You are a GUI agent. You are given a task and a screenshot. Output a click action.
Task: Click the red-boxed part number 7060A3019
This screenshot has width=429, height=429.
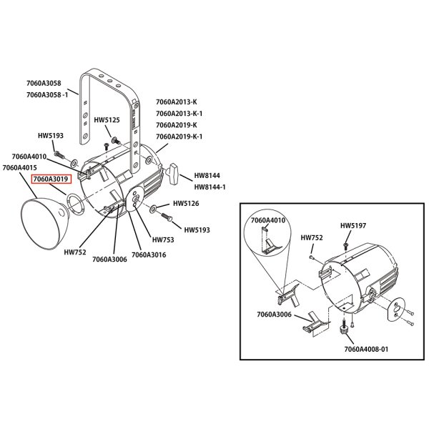(51, 179)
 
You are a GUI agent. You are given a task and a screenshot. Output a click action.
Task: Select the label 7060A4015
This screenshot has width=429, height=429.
(20, 168)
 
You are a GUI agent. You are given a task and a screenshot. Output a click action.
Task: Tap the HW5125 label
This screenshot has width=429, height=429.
(107, 120)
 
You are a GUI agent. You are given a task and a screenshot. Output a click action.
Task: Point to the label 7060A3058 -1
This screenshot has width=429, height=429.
(47, 95)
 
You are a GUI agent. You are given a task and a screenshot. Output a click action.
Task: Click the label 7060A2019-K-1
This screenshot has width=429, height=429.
(179, 137)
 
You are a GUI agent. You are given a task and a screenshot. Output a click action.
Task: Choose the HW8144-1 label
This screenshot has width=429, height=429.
(209, 187)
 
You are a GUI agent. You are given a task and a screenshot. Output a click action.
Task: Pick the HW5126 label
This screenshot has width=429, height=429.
(186, 204)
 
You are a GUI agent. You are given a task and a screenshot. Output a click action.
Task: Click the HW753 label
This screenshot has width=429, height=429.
(163, 240)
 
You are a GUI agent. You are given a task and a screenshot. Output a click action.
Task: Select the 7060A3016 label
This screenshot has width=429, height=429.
(149, 255)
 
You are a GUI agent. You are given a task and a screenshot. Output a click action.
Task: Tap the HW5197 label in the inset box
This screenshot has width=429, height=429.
(353, 226)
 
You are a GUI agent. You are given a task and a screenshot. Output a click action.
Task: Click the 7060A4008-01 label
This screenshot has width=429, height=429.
(366, 350)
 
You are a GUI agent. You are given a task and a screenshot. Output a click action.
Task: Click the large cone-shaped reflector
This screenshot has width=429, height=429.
(44, 221)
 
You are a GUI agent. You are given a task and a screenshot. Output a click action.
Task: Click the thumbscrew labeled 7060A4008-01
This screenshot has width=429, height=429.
(344, 327)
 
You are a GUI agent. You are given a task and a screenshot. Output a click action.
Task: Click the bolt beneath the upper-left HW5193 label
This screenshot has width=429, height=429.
(59, 155)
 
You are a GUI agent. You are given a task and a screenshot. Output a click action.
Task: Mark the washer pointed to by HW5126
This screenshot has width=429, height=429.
(153, 209)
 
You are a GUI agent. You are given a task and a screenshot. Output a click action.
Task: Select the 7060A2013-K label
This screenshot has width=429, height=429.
(177, 102)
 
